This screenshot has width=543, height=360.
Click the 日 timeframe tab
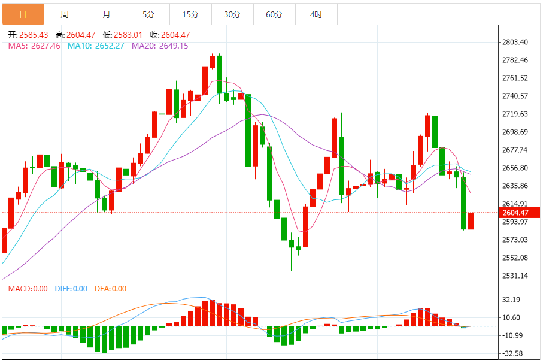[x=23, y=14]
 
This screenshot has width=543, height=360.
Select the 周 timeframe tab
[x=65, y=14]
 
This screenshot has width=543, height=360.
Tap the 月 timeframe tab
[x=106, y=14]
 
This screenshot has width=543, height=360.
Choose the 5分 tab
[x=148, y=14]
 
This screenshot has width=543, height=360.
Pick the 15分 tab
[x=190, y=14]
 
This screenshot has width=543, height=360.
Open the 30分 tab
[x=232, y=14]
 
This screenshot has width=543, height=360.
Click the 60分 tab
[x=274, y=14]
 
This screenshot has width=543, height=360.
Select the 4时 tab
[x=316, y=14]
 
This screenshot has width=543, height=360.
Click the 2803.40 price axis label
[x=515, y=42]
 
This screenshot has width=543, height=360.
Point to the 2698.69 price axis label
[x=515, y=132]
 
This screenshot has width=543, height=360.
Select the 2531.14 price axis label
[x=515, y=276]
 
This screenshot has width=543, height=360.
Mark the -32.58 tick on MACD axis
[x=514, y=353]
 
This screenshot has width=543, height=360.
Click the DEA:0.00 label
[x=110, y=289]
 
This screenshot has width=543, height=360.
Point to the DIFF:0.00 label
[x=71, y=289]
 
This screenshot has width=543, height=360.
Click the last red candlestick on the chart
[x=471, y=221]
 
